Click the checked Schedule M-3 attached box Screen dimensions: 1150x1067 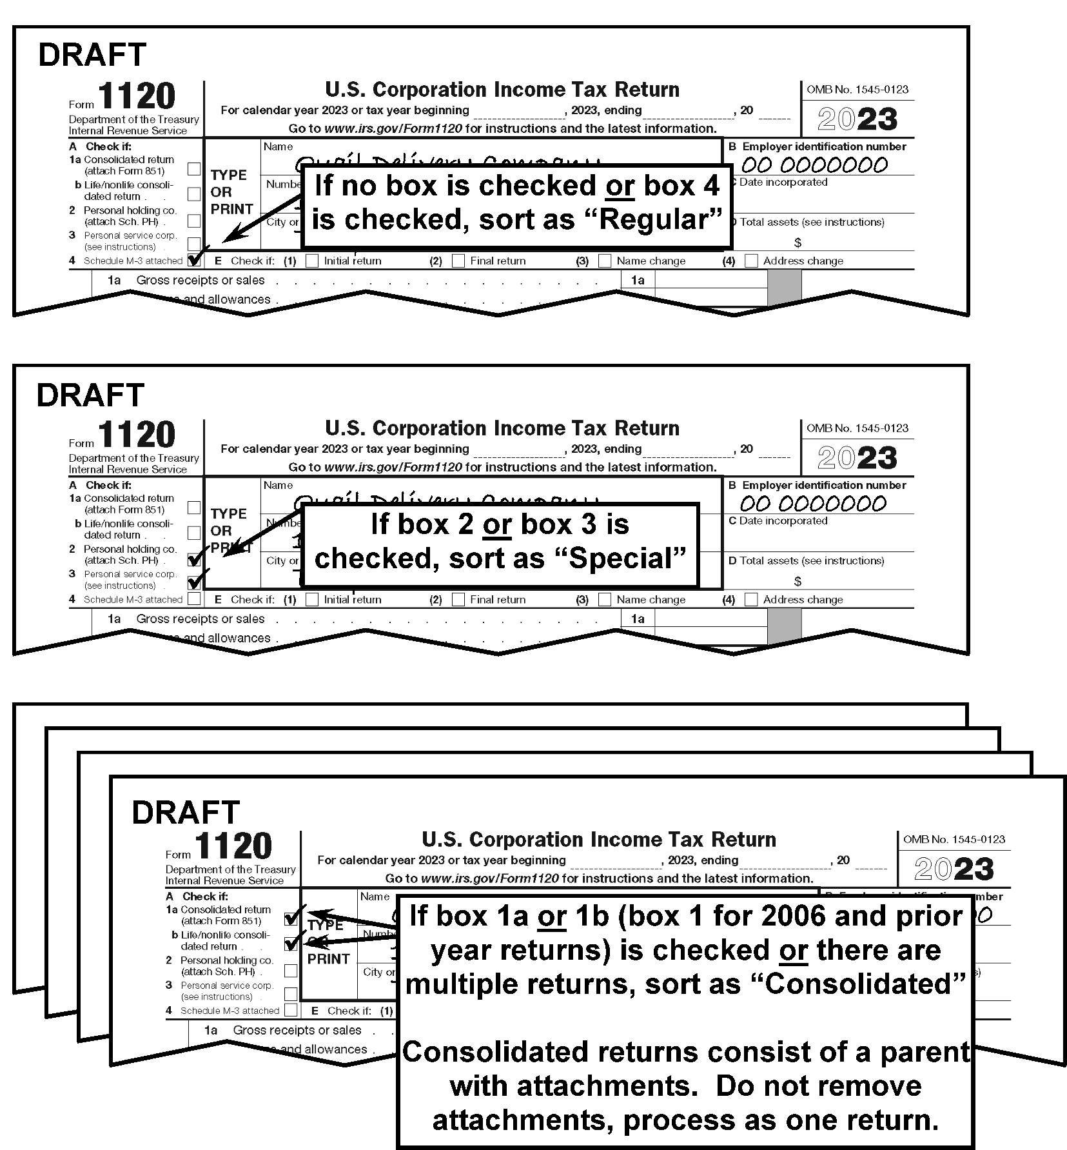pyautogui.click(x=194, y=261)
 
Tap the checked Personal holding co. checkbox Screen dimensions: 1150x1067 pyautogui.click(x=194, y=559)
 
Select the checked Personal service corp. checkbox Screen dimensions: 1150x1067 pyautogui.click(x=194, y=582)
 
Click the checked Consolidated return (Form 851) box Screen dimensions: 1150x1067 pyautogui.click(x=291, y=918)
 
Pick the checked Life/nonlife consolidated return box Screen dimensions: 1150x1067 pyautogui.click(x=291, y=944)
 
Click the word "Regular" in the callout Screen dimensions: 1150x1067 pyautogui.click(x=658, y=219)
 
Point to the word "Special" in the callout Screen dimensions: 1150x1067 pyautogui.click(x=619, y=558)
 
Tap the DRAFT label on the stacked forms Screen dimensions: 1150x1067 pyautogui.click(x=186, y=813)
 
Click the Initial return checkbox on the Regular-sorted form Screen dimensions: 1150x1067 pyautogui.click(x=312, y=261)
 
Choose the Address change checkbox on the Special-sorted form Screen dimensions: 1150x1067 pyautogui.click(x=751, y=599)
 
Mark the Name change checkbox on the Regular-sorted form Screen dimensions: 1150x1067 pyautogui.click(x=605, y=261)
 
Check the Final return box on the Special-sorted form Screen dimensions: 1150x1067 pyautogui.click(x=458, y=599)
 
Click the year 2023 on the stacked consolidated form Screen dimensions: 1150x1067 pyautogui.click(x=954, y=869)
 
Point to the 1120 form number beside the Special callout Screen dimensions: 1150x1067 pyautogui.click(x=137, y=434)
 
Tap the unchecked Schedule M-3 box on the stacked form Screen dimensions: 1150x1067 pyautogui.click(x=291, y=1010)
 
